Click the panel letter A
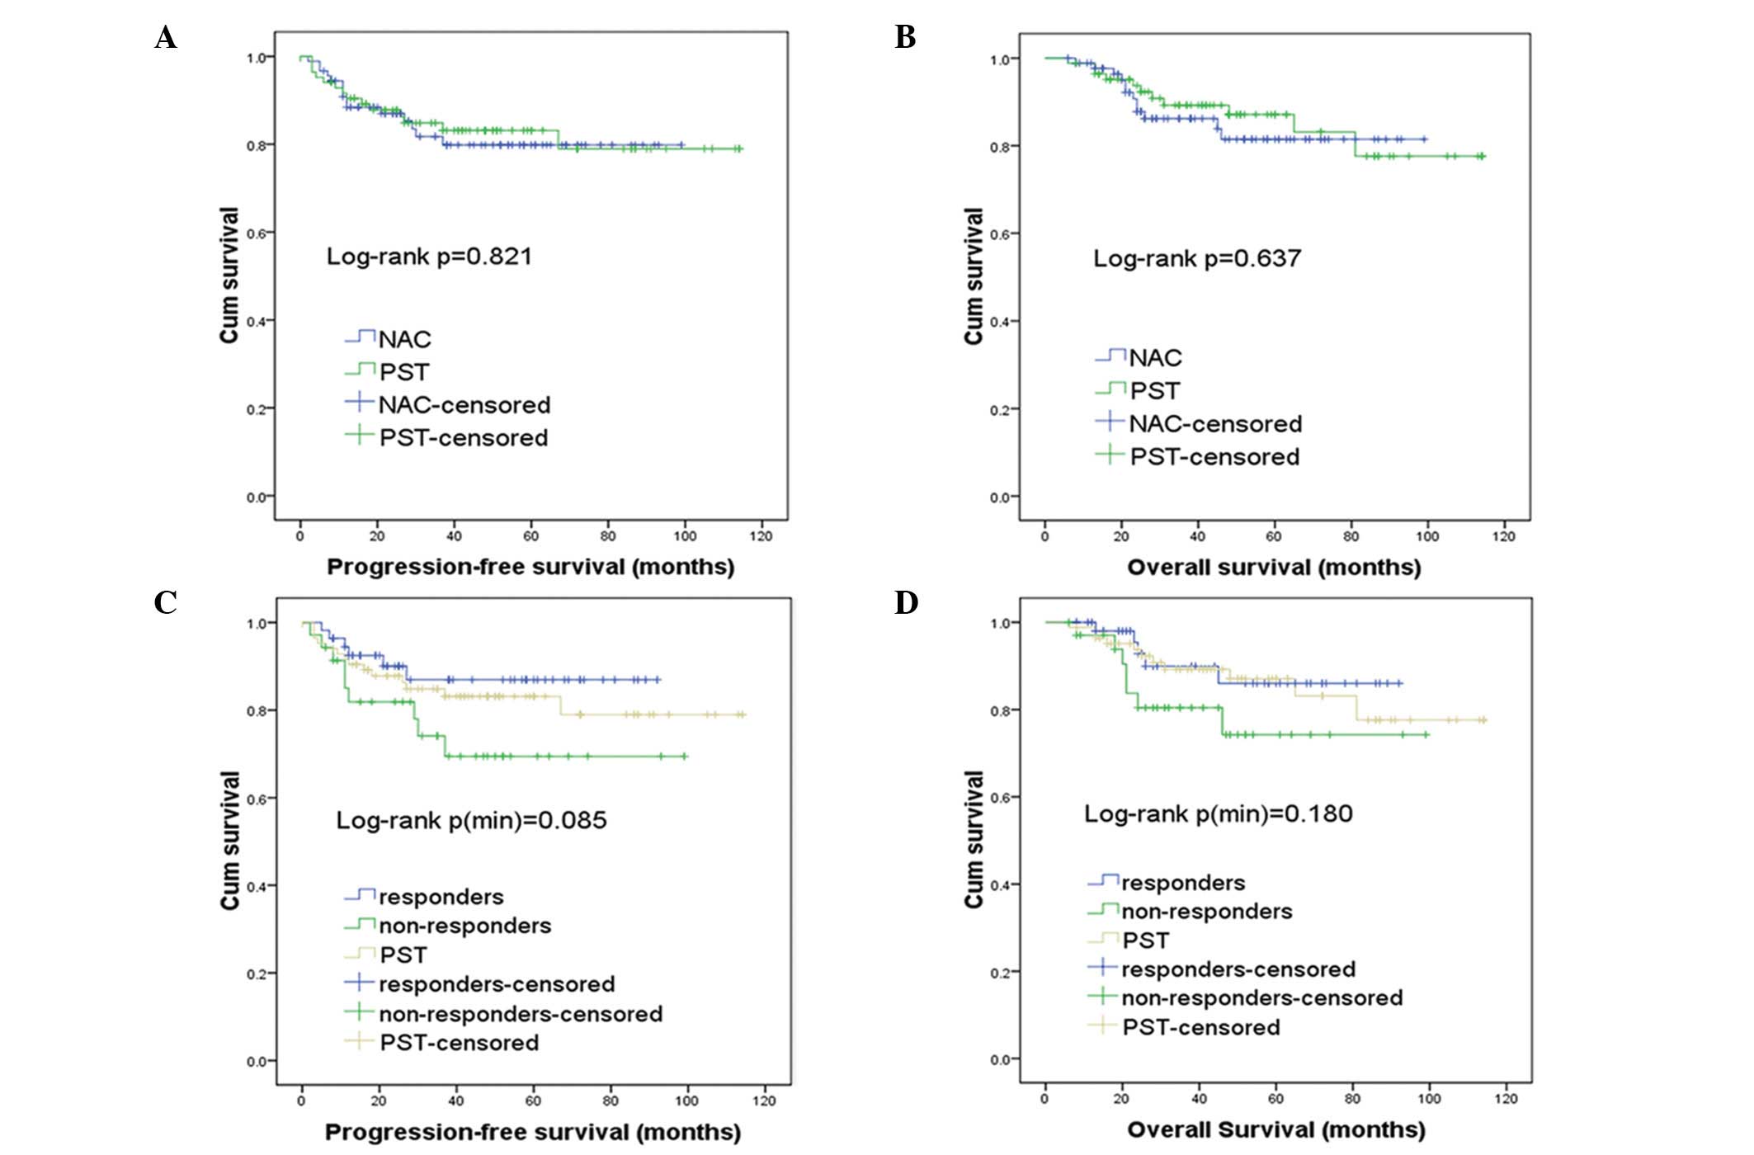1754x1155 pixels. (x=166, y=38)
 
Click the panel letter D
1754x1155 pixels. (x=906, y=603)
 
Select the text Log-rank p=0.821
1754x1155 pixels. (x=429, y=257)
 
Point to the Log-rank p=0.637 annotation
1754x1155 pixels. (x=1197, y=259)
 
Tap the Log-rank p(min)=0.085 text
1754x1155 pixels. (x=471, y=821)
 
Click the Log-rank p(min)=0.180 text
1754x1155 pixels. (x=1218, y=814)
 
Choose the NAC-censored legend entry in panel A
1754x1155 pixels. (x=464, y=405)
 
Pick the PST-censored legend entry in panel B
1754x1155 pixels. (x=1214, y=457)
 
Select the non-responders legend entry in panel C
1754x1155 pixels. (x=464, y=926)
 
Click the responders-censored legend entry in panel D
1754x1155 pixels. (x=1238, y=969)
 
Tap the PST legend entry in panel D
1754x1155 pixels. (x=1145, y=940)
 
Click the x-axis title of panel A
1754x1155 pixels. (x=530, y=568)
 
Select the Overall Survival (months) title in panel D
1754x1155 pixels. (x=1275, y=1130)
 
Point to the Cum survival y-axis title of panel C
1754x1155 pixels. (x=229, y=840)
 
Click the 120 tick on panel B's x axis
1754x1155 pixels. (x=1504, y=536)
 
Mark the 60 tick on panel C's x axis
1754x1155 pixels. (x=533, y=1101)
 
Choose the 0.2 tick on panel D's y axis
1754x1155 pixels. (x=1001, y=973)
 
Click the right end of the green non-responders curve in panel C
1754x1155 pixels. (x=686, y=756)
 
